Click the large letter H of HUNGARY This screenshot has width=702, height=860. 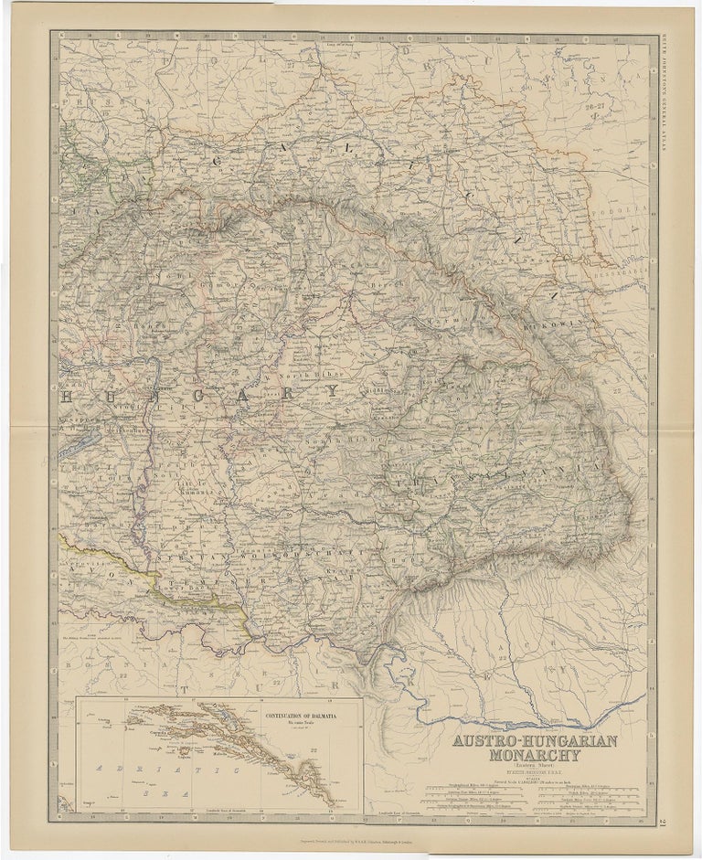68,398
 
